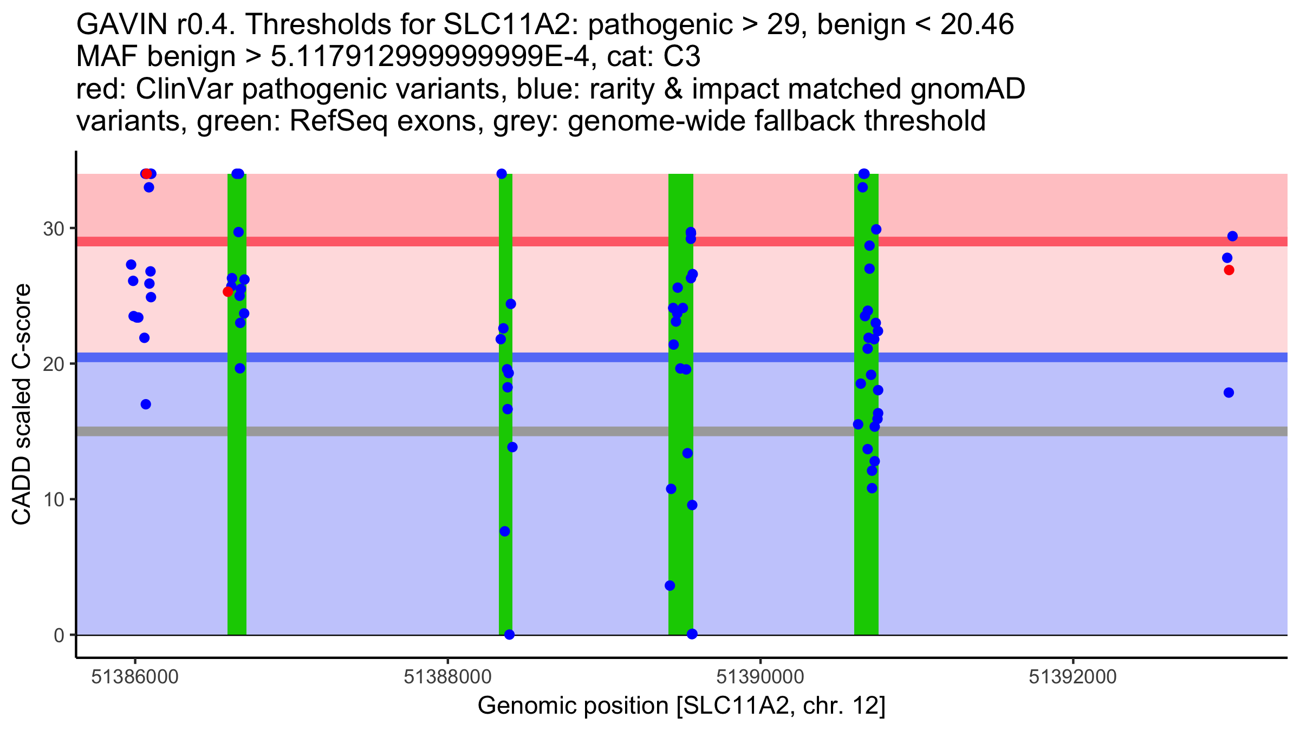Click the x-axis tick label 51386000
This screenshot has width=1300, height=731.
click(x=135, y=677)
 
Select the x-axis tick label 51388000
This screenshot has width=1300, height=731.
click(x=447, y=677)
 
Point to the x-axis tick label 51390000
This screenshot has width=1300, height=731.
click(x=760, y=677)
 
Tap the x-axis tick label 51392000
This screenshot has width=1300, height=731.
click(x=1072, y=677)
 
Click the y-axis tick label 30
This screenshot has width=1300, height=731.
click(x=54, y=229)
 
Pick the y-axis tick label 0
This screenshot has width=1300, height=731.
click(x=59, y=635)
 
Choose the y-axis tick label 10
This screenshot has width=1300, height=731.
click(x=54, y=499)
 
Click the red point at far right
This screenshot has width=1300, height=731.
click(x=1229, y=270)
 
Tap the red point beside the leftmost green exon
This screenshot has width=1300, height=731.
click(x=227, y=292)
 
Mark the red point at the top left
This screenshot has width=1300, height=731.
click(x=146, y=174)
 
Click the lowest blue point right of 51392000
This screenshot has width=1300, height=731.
click(x=1229, y=393)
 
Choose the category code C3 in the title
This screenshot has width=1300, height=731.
click(x=682, y=57)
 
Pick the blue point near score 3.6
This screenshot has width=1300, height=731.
click(x=670, y=585)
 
